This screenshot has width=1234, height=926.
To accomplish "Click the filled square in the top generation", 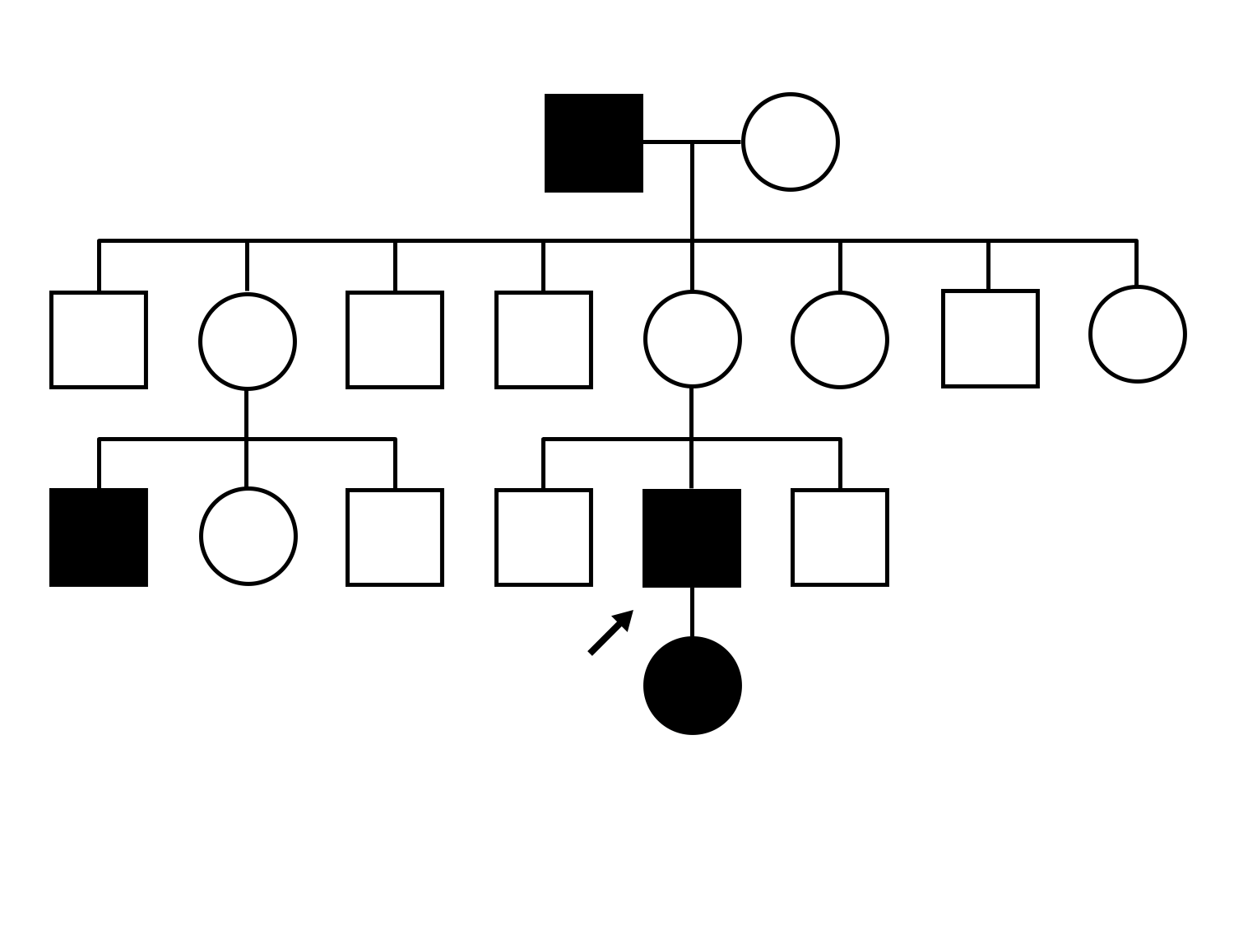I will pyautogui.click(x=593, y=143).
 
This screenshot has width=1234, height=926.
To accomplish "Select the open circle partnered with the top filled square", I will pyautogui.click(x=790, y=142).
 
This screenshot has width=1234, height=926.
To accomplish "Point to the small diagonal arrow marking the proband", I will pyautogui.click(x=610, y=632).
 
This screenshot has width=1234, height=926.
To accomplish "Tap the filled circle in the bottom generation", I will pyautogui.click(x=692, y=686).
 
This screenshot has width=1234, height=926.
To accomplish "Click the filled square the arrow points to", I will pyautogui.click(x=691, y=537).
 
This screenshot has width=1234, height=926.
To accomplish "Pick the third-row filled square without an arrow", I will pyautogui.click(x=99, y=537).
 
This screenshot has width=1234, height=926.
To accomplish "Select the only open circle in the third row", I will pyautogui.click(x=248, y=537).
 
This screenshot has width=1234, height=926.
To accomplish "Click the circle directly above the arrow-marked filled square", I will pyautogui.click(x=692, y=339).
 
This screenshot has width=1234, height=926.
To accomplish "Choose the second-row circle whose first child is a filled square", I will pyautogui.click(x=247, y=340).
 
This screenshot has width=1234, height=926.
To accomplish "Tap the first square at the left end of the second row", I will pyautogui.click(x=99, y=339).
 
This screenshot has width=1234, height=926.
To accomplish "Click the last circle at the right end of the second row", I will pyautogui.click(x=1137, y=334).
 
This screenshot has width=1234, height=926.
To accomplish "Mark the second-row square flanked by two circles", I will pyautogui.click(x=990, y=338).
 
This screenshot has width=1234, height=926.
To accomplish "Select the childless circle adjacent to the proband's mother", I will pyautogui.click(x=839, y=339).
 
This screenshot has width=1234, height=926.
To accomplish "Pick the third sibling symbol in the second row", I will pyautogui.click(x=395, y=339).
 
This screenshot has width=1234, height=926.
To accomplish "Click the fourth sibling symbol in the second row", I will pyautogui.click(x=543, y=339).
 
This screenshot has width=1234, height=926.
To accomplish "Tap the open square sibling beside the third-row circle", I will pyautogui.click(x=395, y=537).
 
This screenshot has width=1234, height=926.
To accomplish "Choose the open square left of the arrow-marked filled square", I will pyautogui.click(x=543, y=537).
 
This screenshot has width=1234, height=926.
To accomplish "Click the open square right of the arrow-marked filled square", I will pyautogui.click(x=839, y=537).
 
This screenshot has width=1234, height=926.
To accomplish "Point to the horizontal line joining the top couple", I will pyautogui.click(x=692, y=142).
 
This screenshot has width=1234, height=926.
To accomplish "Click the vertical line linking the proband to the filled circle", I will pyautogui.click(x=692, y=612).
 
